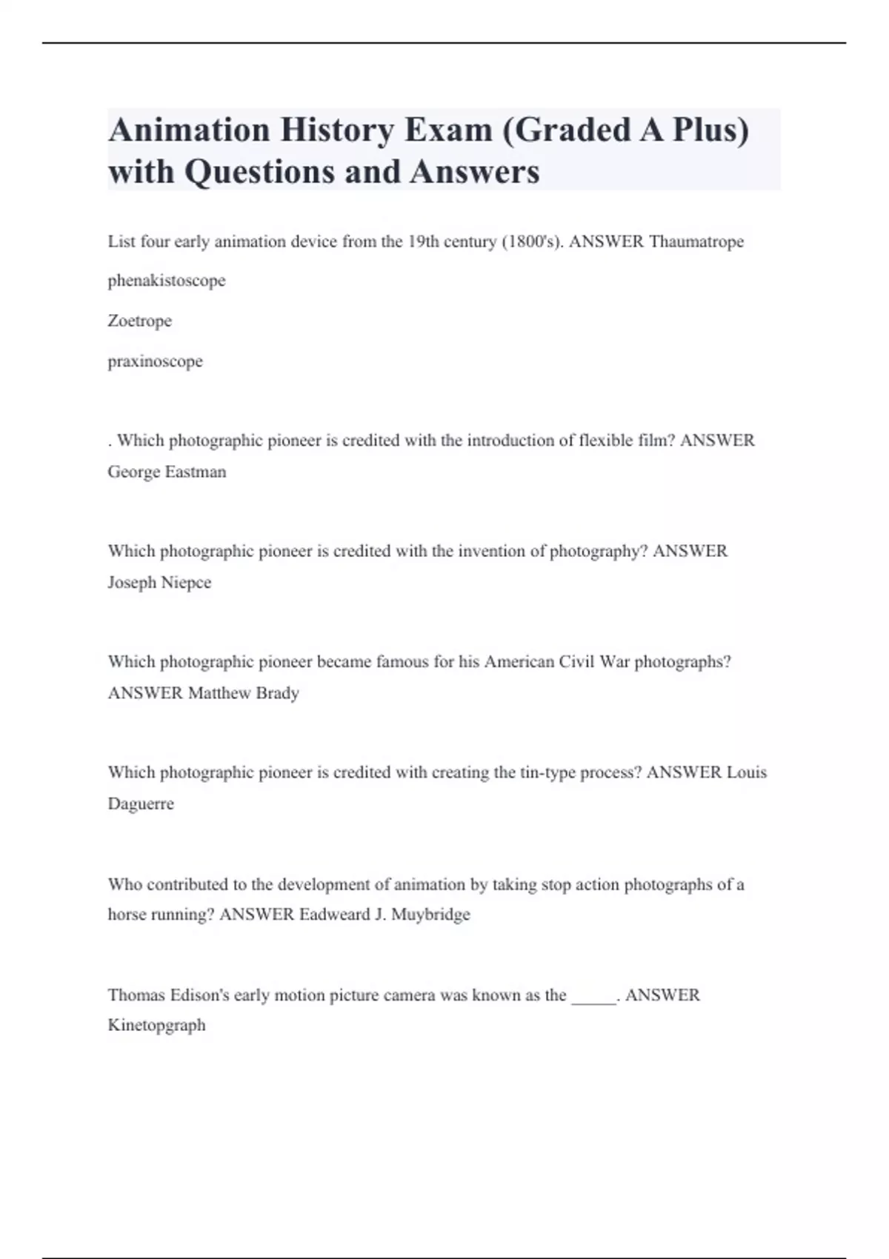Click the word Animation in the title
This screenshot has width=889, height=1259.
tap(189, 130)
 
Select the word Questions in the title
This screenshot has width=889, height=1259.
tap(260, 172)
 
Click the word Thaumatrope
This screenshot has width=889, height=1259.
tap(696, 241)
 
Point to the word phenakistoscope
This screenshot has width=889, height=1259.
tap(167, 281)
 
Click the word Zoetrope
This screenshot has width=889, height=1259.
tap(139, 321)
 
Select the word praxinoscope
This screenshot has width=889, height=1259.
tap(155, 361)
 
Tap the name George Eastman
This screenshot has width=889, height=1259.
tap(167, 472)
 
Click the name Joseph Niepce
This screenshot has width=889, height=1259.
tap(159, 582)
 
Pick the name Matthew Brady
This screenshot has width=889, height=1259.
tap(243, 693)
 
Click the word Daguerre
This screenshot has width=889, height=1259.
tap(141, 804)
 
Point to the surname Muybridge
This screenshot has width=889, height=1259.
tap(430, 915)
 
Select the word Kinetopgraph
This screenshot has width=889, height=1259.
tap(156, 1025)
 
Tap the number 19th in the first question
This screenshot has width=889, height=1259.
tap(423, 241)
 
